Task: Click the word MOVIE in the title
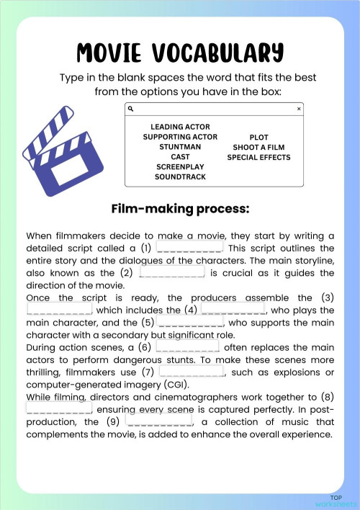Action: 115,53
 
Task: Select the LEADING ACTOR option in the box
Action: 180,127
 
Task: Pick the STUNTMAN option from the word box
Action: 180,147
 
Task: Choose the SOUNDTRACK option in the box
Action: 180,177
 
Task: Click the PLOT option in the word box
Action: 258,137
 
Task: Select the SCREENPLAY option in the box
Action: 180,167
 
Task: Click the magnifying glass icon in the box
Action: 131,109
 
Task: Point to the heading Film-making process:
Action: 180,209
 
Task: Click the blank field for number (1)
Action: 189,247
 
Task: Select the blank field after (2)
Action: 172,272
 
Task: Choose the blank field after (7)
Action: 191,372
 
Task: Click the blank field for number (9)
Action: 158,421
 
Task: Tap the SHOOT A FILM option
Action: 258,147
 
